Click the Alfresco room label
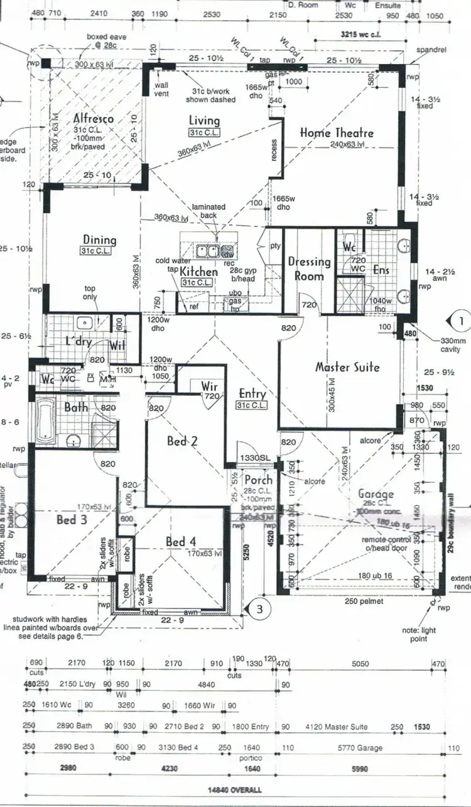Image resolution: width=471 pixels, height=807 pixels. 93,118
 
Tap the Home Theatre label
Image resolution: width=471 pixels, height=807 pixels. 337,133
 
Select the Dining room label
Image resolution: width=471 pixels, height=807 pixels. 100,239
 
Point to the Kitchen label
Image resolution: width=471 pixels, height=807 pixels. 198,272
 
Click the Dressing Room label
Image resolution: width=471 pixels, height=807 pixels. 309,268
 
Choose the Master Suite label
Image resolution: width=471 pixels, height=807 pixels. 347,366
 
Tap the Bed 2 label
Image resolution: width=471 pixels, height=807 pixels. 182,441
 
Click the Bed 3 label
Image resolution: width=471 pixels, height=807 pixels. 72,520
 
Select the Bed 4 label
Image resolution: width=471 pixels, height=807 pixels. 181,541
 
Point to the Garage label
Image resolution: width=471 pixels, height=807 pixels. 376,494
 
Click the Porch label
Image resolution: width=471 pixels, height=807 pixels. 259,481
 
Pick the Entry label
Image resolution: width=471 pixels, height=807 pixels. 252,394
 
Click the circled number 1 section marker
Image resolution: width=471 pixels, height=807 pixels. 461,320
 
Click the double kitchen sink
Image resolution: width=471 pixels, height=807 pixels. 207,251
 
